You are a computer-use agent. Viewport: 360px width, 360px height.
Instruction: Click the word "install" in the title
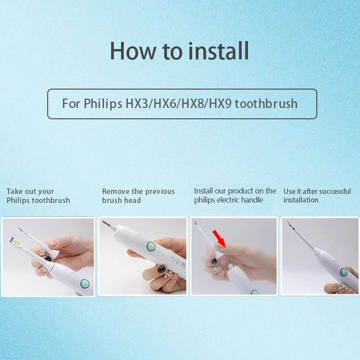219,51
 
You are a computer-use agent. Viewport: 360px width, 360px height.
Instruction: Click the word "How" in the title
133,51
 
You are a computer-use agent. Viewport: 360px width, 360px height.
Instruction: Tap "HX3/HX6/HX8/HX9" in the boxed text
179,103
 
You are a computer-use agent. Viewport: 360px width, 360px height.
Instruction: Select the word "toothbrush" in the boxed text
266,103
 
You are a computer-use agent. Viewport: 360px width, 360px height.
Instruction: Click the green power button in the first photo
85,283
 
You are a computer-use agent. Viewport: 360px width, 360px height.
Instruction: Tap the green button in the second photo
151,246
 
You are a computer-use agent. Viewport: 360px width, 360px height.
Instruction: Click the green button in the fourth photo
344,272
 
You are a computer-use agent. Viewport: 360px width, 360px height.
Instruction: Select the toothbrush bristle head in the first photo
15,242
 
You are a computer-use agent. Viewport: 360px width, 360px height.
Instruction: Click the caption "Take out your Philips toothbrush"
38,196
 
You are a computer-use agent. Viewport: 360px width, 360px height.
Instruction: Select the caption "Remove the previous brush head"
139,196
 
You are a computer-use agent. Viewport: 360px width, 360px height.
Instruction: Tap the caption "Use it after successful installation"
317,196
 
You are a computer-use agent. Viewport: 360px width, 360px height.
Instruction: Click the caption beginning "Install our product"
235,195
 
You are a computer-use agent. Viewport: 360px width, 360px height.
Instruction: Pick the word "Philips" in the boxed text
103,103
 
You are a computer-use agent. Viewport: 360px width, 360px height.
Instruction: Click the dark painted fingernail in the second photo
161,268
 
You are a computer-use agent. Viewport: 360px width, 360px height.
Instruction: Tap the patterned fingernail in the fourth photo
342,287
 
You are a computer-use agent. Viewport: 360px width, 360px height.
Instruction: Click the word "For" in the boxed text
71,103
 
